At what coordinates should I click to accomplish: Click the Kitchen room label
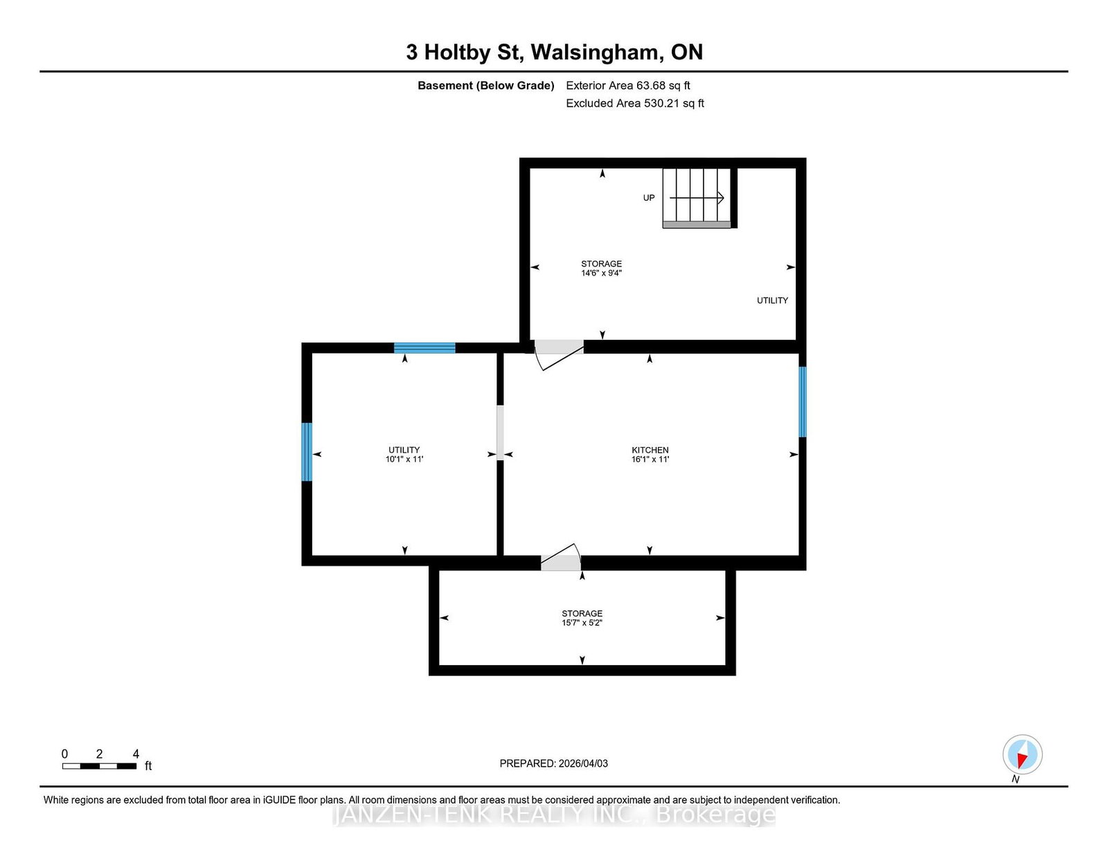[x=650, y=450]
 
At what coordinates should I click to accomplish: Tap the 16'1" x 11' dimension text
[x=650, y=459]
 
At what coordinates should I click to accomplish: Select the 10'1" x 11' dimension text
[x=404, y=459]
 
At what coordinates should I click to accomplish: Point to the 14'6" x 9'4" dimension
[x=601, y=273]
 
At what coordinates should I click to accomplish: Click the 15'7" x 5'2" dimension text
[x=582, y=623]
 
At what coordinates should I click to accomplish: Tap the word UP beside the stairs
[x=649, y=198]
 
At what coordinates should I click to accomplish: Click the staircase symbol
[x=697, y=198]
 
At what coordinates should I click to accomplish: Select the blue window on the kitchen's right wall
[x=802, y=402]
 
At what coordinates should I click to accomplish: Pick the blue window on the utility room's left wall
[x=307, y=452]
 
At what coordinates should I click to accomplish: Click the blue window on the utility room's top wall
[x=425, y=348]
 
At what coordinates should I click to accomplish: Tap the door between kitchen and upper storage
[x=558, y=354]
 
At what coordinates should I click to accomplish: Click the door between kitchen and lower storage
[x=560, y=557]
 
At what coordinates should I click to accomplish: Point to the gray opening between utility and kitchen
[x=500, y=432]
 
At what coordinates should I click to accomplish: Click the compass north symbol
[x=1022, y=754]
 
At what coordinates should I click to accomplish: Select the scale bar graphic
[x=100, y=766]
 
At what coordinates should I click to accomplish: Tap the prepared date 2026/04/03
[x=583, y=763]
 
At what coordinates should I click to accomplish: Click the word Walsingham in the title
[x=597, y=52]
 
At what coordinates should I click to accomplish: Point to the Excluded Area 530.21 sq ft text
[x=635, y=103]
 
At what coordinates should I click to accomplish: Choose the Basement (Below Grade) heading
[x=485, y=86]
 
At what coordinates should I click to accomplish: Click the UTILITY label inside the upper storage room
[x=772, y=300]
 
